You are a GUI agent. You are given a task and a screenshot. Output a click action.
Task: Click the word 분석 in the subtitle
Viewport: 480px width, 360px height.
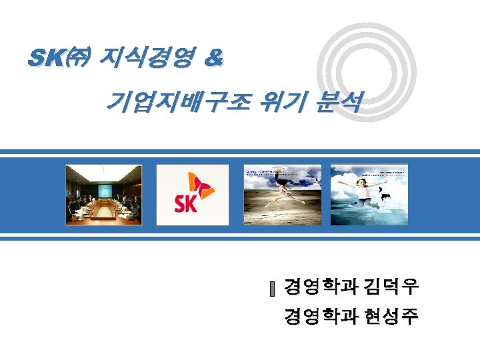click(x=341, y=102)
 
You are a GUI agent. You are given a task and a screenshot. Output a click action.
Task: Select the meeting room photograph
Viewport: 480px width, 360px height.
click(x=103, y=194)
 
